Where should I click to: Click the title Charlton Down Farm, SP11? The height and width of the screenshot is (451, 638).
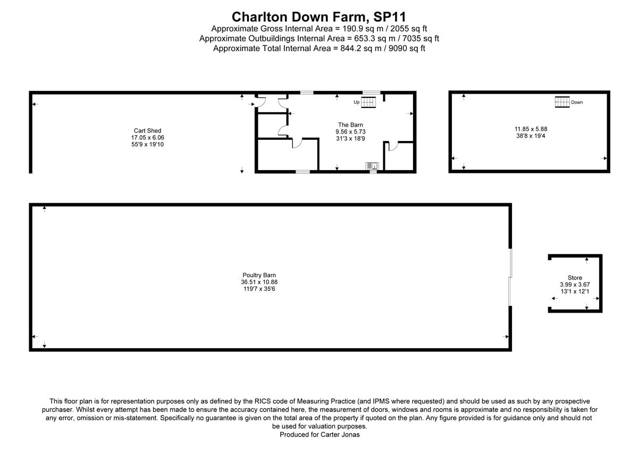(x=319, y=16)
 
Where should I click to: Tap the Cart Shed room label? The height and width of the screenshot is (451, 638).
(x=147, y=131)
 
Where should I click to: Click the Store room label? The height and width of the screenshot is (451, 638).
(x=575, y=278)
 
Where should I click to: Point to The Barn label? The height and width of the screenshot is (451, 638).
(x=350, y=125)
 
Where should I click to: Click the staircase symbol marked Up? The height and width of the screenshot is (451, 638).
(x=368, y=102)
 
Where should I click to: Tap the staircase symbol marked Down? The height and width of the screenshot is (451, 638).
(x=562, y=102)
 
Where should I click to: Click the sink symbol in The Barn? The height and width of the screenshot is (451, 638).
(x=372, y=166)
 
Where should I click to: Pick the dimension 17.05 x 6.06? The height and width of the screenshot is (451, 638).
(x=147, y=137)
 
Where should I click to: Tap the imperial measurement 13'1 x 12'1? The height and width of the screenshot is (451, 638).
(x=575, y=291)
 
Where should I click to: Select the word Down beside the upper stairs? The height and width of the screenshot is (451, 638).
(x=577, y=102)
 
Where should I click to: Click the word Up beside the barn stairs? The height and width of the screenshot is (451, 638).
(x=356, y=102)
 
